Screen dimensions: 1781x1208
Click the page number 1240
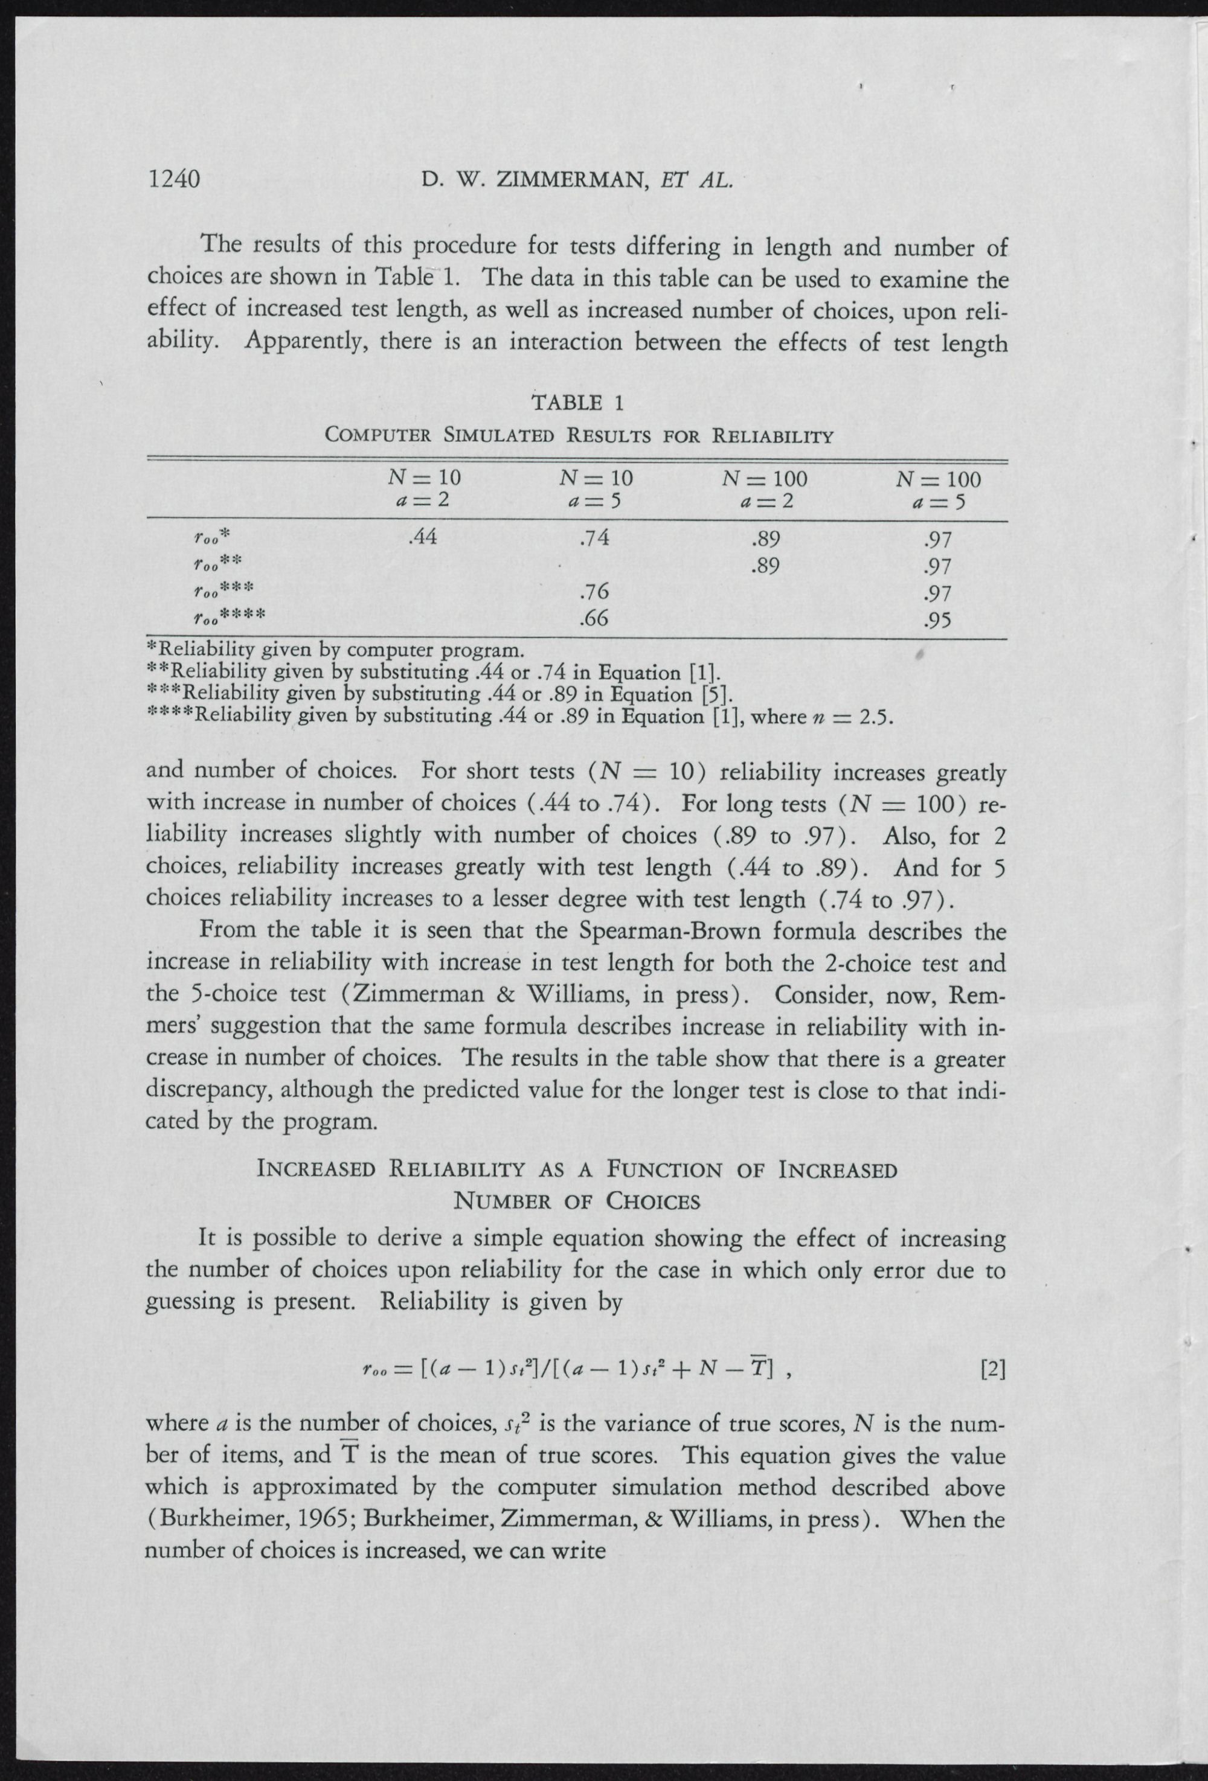coord(173,179)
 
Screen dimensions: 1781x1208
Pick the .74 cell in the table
coord(595,538)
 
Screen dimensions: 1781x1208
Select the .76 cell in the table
coord(595,592)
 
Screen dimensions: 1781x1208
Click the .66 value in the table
coord(595,618)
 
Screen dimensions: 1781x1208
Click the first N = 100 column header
coord(765,480)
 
